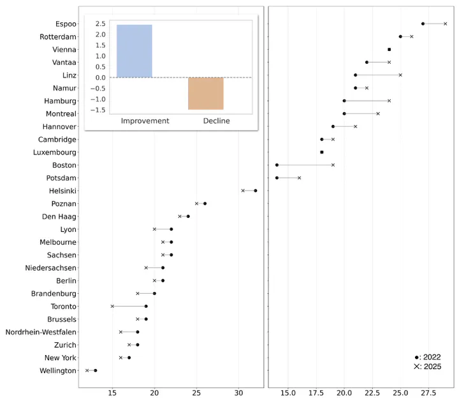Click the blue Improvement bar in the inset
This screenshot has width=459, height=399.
tap(134, 51)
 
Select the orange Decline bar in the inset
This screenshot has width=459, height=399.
tap(205, 93)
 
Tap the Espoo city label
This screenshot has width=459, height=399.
tap(66, 24)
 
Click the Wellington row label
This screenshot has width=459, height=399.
tap(57, 370)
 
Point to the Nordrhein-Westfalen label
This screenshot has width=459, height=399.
tap(41, 332)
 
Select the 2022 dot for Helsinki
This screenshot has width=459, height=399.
tap(256, 191)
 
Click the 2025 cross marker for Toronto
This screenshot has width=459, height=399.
tap(112, 307)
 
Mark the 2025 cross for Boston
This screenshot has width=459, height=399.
tap(333, 165)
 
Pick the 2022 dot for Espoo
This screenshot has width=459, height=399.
tap(423, 24)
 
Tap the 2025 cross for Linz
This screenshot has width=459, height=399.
tap(400, 75)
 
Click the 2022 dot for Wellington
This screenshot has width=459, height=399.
tap(95, 370)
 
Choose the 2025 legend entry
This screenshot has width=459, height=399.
tap(427, 366)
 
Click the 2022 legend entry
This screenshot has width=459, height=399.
tap(427, 358)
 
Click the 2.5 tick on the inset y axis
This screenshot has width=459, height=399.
tap(100, 24)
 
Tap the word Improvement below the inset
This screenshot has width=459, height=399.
tap(145, 120)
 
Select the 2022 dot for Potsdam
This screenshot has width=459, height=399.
tap(277, 178)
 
